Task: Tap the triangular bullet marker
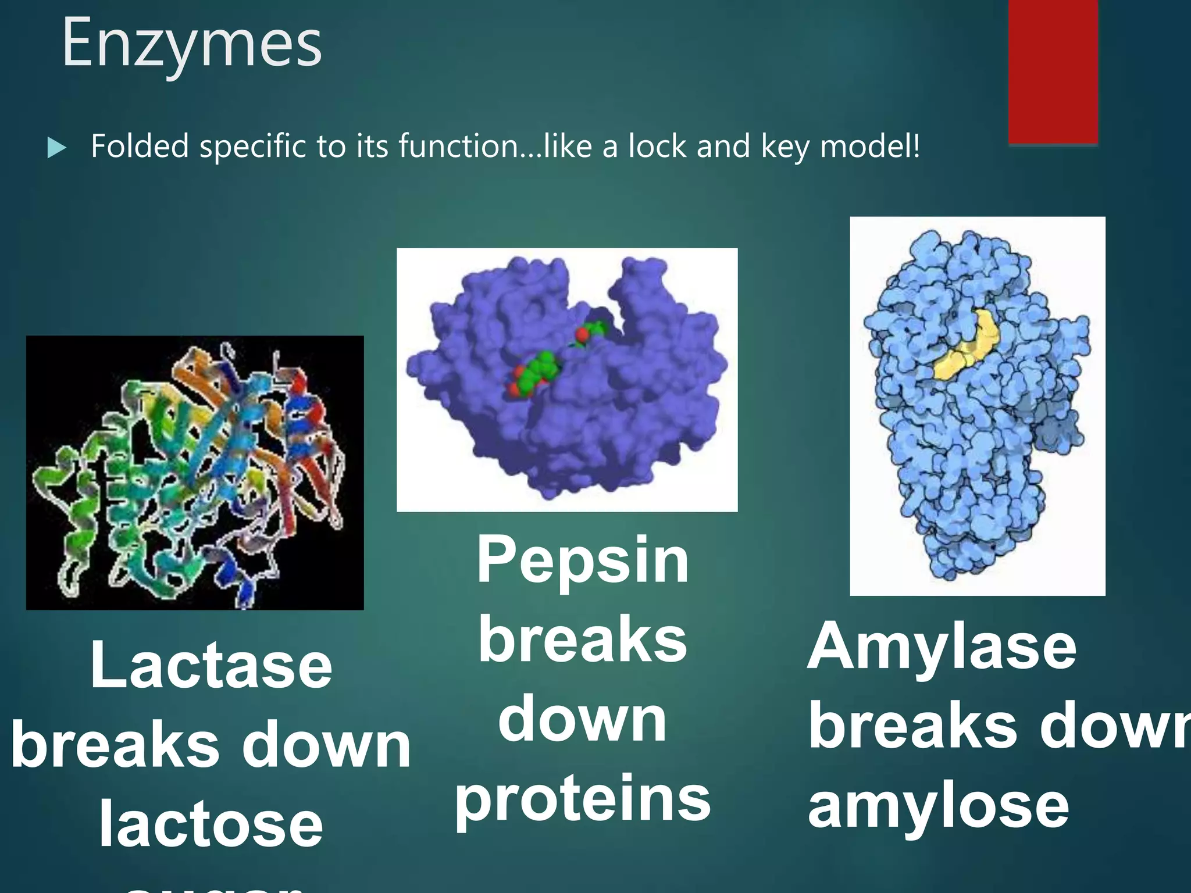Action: [56, 148]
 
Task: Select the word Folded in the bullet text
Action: [140, 146]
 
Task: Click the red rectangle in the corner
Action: [1053, 70]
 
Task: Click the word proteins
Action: [583, 799]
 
